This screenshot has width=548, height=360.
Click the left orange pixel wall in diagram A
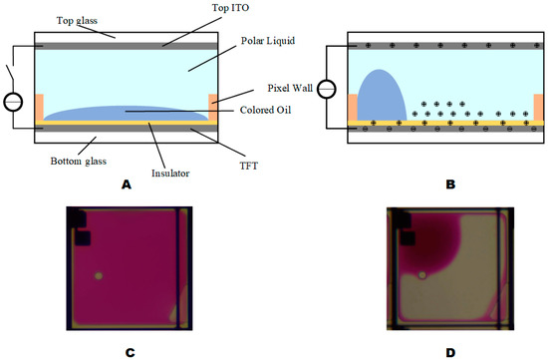[x=38, y=108]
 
